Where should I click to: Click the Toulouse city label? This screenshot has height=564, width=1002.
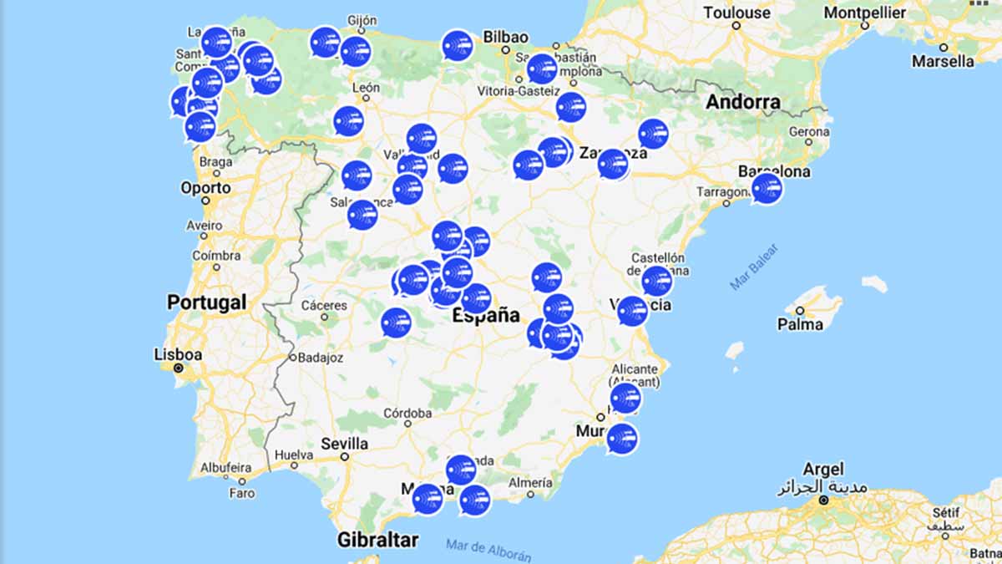pyautogui.click(x=736, y=13)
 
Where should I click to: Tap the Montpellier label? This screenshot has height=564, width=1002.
pyautogui.click(x=864, y=13)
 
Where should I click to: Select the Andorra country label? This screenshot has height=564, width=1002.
pyautogui.click(x=743, y=103)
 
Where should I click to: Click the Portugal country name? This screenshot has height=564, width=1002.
pyautogui.click(x=206, y=302)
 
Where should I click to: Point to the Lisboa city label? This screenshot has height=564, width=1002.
pyautogui.click(x=178, y=354)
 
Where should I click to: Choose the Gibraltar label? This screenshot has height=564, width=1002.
pyautogui.click(x=377, y=540)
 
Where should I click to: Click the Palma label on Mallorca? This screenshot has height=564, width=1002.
pyautogui.click(x=799, y=323)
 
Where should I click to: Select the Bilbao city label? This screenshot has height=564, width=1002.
pyautogui.click(x=504, y=37)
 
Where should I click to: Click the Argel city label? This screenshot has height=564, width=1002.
pyautogui.click(x=822, y=470)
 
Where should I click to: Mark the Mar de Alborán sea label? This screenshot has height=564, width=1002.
pyautogui.click(x=488, y=549)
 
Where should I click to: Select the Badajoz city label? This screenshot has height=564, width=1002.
pyautogui.click(x=321, y=357)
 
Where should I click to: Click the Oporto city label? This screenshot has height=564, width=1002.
pyautogui.click(x=205, y=187)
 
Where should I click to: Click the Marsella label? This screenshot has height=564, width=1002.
pyautogui.click(x=942, y=61)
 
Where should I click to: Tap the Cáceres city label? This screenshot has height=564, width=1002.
pyautogui.click(x=324, y=305)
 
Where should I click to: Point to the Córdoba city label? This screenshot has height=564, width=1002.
pyautogui.click(x=407, y=413)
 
